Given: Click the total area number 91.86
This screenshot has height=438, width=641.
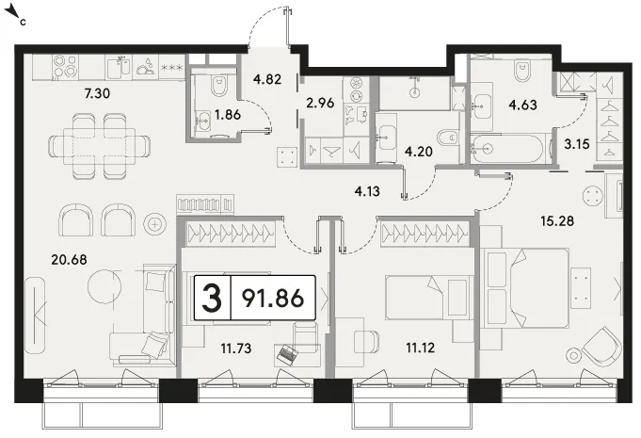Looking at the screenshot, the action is (x=273, y=298).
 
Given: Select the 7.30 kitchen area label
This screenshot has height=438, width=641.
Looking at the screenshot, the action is (x=97, y=93).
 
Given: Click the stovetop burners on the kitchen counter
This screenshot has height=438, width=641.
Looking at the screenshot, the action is (x=66, y=67).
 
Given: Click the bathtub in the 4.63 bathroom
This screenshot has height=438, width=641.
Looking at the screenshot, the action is (x=507, y=148).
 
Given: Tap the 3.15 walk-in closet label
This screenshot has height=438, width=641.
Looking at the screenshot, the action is (x=577, y=144).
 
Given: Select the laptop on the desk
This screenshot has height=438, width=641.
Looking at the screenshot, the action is (x=288, y=353).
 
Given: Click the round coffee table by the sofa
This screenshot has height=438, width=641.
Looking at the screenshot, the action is (x=104, y=285).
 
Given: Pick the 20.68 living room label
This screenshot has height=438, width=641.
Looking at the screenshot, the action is (x=69, y=259).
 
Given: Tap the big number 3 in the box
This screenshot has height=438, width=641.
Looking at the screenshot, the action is (x=212, y=298).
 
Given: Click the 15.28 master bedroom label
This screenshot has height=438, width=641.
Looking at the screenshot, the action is (x=557, y=221).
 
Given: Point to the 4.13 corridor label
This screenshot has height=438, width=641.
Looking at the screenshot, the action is (x=367, y=191).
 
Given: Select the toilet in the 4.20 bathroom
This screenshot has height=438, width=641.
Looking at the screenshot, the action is (x=448, y=137).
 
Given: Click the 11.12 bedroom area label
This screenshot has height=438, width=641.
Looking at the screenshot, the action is (x=420, y=348).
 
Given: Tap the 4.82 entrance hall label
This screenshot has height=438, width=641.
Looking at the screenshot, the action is (x=267, y=79).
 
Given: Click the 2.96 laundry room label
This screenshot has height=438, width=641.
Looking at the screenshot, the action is (x=320, y=103).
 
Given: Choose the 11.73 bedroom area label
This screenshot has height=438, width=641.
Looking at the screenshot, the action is (x=236, y=349).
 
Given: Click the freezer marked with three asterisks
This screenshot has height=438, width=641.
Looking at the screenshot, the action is (x=172, y=68).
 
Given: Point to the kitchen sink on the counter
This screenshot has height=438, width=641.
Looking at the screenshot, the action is (x=120, y=67).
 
